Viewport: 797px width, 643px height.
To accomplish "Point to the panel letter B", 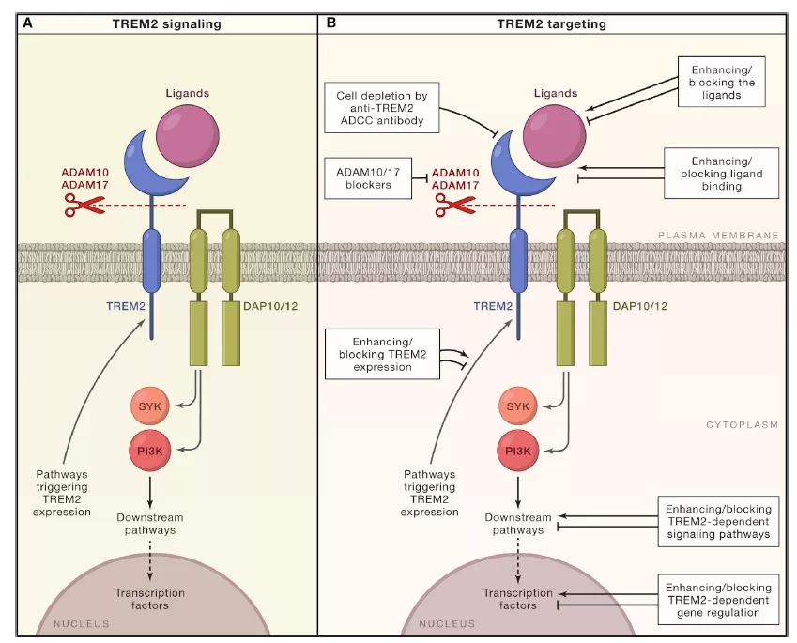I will [330, 23].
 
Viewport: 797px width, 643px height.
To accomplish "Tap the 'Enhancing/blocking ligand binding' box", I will [721, 171].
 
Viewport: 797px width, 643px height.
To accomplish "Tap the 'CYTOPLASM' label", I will [743, 425].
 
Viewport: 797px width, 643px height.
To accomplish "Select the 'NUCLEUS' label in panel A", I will [82, 623].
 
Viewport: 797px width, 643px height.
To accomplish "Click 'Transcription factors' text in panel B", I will [518, 599].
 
